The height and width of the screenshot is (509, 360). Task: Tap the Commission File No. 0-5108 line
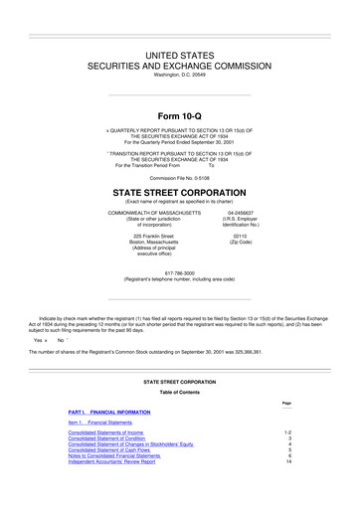(x=179, y=178)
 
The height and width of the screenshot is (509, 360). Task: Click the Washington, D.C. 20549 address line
(x=179, y=74)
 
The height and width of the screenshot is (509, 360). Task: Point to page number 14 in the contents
(x=287, y=462)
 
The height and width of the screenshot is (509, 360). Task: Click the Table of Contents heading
(x=179, y=391)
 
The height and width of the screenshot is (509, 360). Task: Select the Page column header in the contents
(x=286, y=402)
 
